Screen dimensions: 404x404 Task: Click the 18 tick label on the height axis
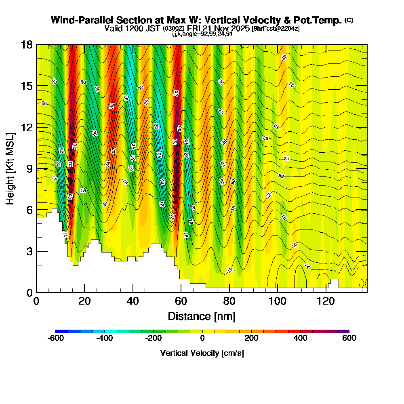[27, 45]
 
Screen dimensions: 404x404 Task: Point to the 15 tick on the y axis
[27, 86]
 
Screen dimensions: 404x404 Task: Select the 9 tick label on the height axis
[29, 168]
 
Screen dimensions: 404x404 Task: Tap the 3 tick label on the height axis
[29, 251]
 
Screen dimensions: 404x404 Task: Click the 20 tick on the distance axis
[84, 301]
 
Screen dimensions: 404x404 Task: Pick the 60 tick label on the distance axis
[181, 301]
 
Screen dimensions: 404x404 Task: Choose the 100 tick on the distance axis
[278, 301]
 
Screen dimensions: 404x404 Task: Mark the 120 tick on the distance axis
[326, 301]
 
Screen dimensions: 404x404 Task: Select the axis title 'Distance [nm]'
[202, 316]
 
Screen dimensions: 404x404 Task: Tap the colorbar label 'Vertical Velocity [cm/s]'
[202, 353]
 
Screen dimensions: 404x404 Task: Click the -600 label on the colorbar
[55, 339]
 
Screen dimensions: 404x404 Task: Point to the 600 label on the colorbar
[349, 339]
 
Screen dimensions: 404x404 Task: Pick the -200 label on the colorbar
[153, 339]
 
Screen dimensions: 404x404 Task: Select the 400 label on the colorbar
[300, 339]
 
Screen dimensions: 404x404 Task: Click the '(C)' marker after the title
[349, 20]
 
